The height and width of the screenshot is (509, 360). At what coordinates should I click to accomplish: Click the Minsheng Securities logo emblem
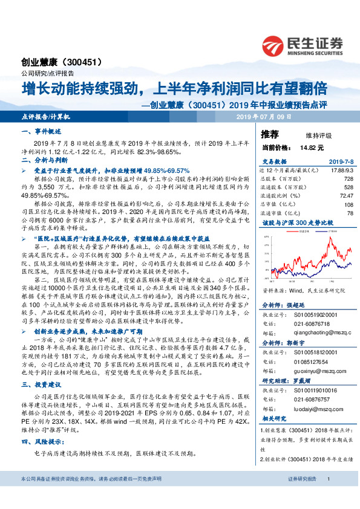pos(274,44)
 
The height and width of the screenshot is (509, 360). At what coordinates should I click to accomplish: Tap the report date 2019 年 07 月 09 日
pos(264,115)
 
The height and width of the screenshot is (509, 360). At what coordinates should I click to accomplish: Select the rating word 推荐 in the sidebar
pos(269,134)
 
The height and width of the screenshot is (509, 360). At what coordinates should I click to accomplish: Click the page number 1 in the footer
pos(327,496)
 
